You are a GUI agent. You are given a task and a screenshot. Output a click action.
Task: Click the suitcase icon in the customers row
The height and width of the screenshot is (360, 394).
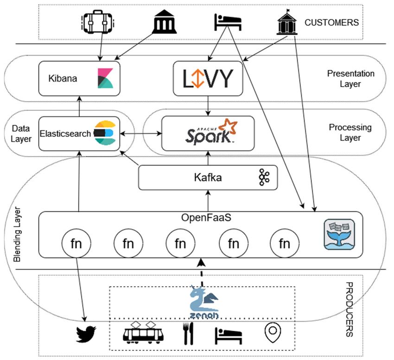(x=98, y=22)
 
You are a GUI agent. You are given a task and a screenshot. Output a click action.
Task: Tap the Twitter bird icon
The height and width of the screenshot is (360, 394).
(x=86, y=334)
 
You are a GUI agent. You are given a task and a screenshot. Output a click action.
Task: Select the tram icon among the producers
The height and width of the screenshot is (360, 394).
(x=143, y=333)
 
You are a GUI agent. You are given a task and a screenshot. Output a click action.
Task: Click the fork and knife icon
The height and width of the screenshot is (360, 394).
(x=188, y=334)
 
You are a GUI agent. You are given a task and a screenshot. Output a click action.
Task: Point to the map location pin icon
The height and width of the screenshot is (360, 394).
(x=273, y=333)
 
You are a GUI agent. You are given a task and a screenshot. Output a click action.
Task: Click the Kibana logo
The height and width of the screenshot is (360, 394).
(x=105, y=78)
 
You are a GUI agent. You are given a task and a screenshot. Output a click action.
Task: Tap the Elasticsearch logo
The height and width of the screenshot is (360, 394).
(x=105, y=133)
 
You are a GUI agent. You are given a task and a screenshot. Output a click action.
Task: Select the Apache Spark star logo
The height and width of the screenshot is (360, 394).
(x=228, y=126)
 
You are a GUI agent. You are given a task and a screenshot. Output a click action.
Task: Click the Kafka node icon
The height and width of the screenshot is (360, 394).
(x=264, y=177)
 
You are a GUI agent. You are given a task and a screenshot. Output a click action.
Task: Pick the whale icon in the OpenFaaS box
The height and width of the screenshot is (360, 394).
(x=339, y=234)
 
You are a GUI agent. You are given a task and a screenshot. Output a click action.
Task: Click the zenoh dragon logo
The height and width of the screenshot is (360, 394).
(x=204, y=303)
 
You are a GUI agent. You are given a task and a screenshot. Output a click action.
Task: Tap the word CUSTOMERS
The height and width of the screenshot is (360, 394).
(x=331, y=23)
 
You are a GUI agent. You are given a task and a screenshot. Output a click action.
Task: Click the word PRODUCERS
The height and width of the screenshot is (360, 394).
(x=350, y=309)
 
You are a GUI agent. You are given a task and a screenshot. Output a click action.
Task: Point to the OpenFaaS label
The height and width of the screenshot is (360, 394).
(x=206, y=218)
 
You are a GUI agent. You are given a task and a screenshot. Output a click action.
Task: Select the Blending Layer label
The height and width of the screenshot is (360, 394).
(x=17, y=234)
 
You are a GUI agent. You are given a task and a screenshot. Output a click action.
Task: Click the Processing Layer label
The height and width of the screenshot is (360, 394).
(x=350, y=133)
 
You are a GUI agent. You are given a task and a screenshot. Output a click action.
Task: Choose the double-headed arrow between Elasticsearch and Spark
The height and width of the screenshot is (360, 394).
(x=141, y=133)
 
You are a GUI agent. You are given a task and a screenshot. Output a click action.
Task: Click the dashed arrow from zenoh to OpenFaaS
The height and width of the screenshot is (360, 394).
(x=201, y=273)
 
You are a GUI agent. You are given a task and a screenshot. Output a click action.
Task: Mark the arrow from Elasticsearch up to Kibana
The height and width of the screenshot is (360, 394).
(x=79, y=106)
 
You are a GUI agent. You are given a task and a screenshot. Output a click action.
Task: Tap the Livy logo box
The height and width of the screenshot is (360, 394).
(x=208, y=78)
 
